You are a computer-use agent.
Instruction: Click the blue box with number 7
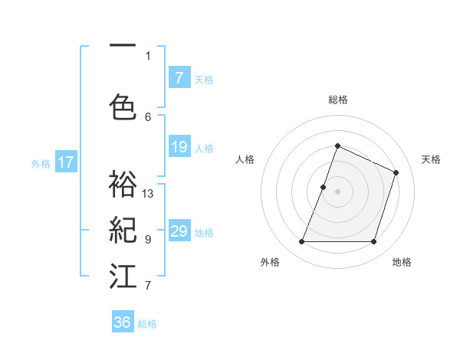[179, 78]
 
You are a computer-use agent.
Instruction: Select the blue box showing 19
[179, 147]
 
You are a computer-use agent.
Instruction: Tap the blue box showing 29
[179, 231]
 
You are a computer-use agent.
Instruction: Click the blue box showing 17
[65, 162]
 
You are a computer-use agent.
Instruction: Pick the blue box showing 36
[123, 322]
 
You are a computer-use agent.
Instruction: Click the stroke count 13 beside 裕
[148, 193]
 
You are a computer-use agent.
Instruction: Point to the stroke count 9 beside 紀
[148, 239]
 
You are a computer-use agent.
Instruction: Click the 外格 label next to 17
[41, 163]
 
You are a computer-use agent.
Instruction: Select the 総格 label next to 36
[148, 323]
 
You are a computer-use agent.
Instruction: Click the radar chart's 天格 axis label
[431, 159]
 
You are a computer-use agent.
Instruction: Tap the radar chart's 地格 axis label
[402, 262]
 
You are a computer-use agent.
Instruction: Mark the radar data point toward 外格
[301, 242]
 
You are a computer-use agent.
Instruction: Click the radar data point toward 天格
[396, 172]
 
